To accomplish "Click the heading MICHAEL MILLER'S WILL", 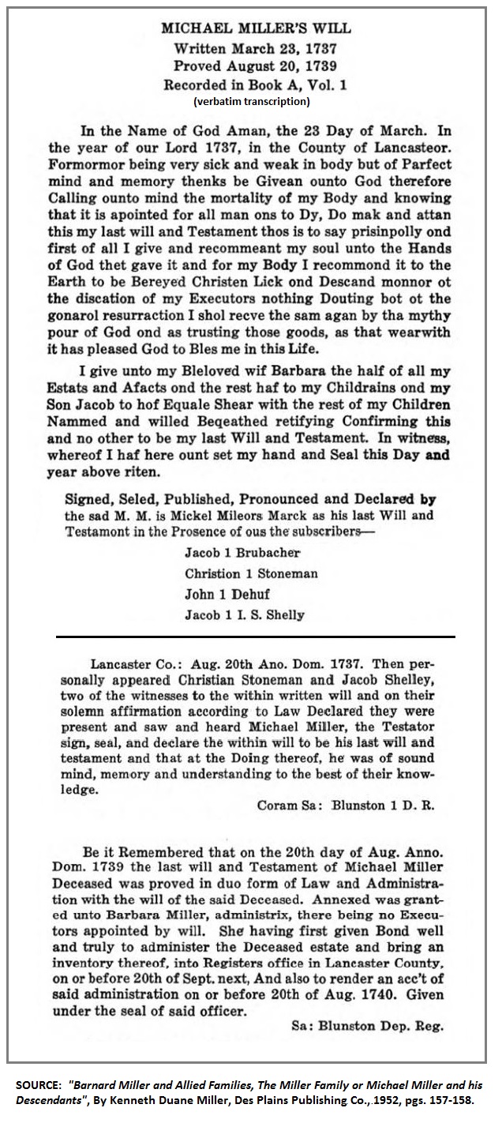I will [x=257, y=28].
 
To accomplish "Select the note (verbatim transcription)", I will [x=252, y=101].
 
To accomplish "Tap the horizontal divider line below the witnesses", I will [x=255, y=636].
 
